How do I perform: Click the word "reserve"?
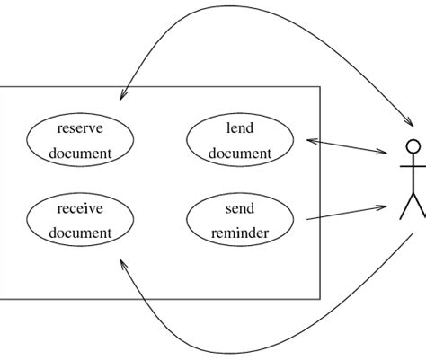(x=80, y=127)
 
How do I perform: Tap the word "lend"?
(x=239, y=127)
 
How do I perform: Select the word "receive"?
(x=80, y=208)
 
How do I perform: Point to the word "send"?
(x=239, y=208)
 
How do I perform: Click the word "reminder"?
(x=239, y=233)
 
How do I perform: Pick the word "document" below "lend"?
(x=239, y=153)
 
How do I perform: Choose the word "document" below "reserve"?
(x=80, y=153)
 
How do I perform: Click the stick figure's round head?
(x=413, y=147)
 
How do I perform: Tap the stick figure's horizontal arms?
(x=413, y=166)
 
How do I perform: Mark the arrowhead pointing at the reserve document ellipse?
(x=123, y=94)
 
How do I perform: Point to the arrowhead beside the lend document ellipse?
(x=312, y=140)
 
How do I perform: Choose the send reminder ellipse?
(x=239, y=221)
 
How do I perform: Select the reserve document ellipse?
(x=80, y=140)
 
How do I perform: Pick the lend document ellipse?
(x=239, y=140)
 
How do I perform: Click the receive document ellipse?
(x=80, y=221)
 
